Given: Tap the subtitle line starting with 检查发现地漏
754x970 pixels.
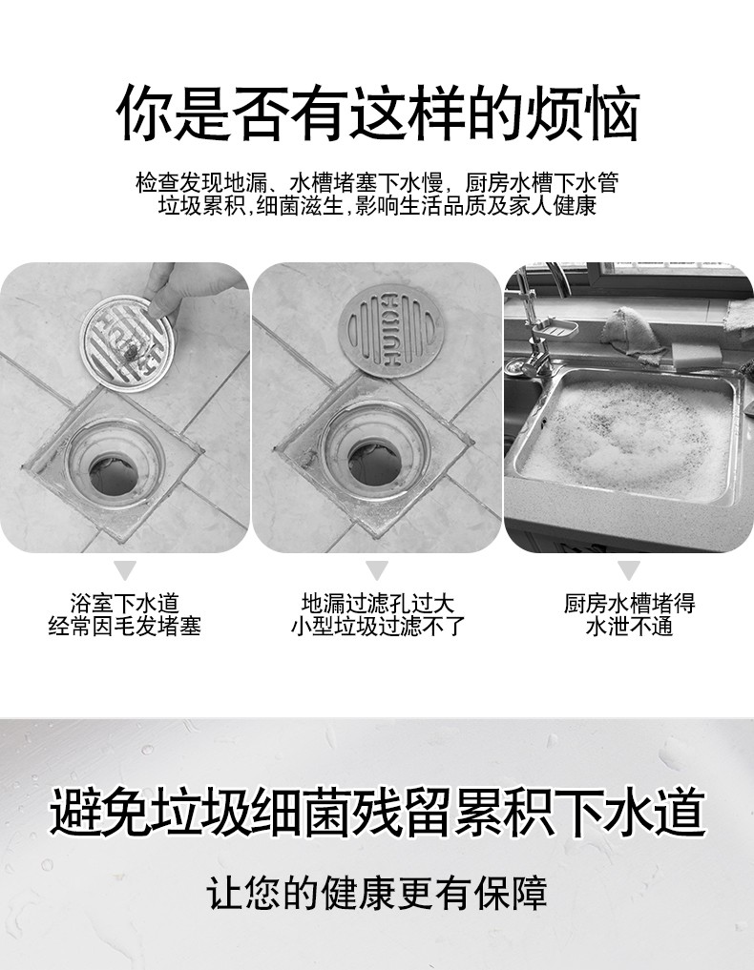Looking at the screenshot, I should [x=377, y=182].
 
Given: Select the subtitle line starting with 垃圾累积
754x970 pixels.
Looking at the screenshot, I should [x=377, y=206].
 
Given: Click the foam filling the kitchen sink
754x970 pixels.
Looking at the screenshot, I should [x=625, y=434].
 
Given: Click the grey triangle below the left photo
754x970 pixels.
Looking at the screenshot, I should [x=124, y=571].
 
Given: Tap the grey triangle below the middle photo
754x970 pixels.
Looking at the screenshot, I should [x=377, y=571].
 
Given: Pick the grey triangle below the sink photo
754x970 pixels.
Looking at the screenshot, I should [x=628, y=571].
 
